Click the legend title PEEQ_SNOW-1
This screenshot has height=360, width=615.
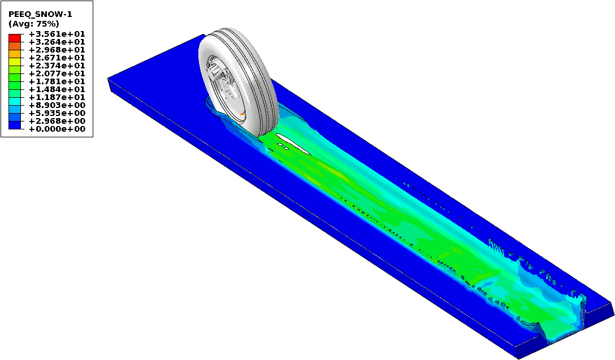(x=40, y=15)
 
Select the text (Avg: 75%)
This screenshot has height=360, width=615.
(x=34, y=24)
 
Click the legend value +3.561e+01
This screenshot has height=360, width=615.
(x=57, y=34)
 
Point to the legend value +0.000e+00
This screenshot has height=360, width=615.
(x=57, y=129)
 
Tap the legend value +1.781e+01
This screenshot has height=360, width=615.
(x=57, y=81)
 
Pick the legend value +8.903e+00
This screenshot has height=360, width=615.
(x=57, y=105)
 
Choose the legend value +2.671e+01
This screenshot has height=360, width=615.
(x=57, y=58)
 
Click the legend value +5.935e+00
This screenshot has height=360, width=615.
(x=57, y=113)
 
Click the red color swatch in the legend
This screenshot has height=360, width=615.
(x=15, y=38)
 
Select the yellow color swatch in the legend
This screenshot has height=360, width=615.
(x=15, y=62)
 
